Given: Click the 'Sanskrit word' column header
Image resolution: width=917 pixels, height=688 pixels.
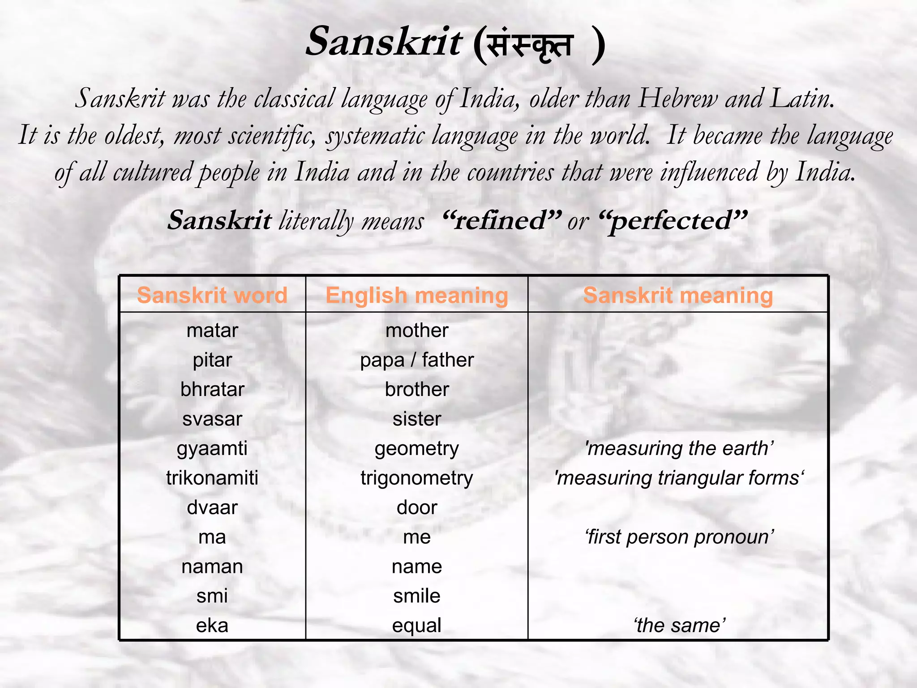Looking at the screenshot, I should pyautogui.click(x=212, y=296).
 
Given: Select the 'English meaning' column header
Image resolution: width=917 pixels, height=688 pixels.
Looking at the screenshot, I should pyautogui.click(x=417, y=296).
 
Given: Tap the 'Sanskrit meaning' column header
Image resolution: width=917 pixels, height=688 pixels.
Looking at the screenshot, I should pyautogui.click(x=678, y=296).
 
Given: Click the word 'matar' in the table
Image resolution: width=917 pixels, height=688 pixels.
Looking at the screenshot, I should pyautogui.click(x=212, y=331).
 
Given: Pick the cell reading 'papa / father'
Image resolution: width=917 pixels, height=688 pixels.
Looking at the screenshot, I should pyautogui.click(x=417, y=360).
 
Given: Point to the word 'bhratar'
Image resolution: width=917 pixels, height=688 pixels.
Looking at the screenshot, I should pyautogui.click(x=212, y=390).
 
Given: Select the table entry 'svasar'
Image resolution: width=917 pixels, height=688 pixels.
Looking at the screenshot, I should pyautogui.click(x=212, y=419).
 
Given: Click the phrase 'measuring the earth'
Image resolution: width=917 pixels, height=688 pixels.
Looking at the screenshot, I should pyautogui.click(x=679, y=448).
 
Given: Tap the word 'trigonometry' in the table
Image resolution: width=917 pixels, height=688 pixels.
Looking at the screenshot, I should pyautogui.click(x=417, y=478).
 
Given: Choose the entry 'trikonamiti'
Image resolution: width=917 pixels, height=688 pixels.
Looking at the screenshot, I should pyautogui.click(x=212, y=478).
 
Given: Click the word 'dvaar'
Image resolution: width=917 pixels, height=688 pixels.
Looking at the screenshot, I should pyautogui.click(x=212, y=507).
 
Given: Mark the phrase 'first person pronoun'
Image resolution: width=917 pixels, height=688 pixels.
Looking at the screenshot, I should pyautogui.click(x=679, y=537).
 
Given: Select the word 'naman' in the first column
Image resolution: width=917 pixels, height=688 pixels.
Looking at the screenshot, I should pyautogui.click(x=212, y=567).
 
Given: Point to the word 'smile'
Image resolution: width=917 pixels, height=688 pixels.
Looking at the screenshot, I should pyautogui.click(x=417, y=596).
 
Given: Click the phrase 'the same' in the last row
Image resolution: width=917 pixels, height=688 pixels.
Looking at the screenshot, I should pyautogui.click(x=679, y=626).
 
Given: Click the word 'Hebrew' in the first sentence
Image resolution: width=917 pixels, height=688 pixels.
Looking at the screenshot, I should pyautogui.click(x=677, y=98).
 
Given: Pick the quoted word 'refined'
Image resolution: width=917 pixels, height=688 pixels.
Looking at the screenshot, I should pyautogui.click(x=501, y=220).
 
